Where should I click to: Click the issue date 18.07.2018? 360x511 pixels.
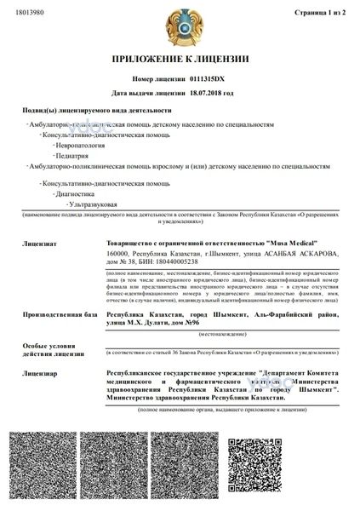click(209, 94)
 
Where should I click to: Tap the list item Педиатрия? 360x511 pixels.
click(73, 157)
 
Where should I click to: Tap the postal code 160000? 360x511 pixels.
click(116, 253)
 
